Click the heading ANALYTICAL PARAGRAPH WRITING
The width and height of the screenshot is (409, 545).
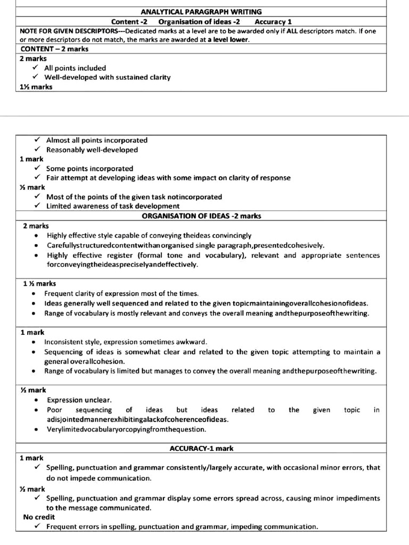[201, 12]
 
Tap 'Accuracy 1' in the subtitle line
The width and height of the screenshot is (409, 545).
[273, 22]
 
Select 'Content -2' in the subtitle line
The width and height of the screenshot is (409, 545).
[129, 22]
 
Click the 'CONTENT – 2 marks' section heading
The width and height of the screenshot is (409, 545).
[51, 49]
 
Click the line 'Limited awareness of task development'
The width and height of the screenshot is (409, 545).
[113, 206]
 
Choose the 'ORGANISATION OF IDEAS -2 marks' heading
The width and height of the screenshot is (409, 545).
[201, 216]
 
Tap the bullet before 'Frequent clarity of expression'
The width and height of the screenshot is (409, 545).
[34, 294]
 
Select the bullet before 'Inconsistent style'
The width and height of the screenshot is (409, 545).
[34, 342]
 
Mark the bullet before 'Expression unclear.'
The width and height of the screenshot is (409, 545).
[36, 400]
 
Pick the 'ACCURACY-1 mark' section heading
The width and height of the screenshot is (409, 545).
[201, 449]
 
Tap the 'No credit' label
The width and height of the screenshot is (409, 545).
[39, 517]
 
